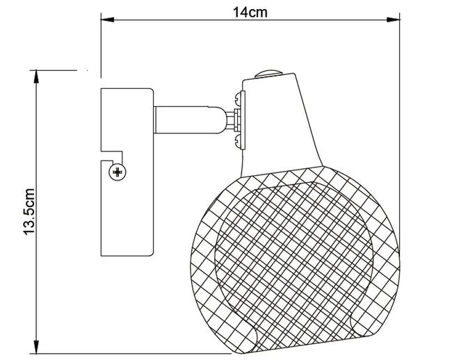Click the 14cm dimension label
tap(250, 13)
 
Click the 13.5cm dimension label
tap(29, 212)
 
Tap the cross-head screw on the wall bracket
tap(118, 172)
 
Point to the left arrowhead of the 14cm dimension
tap(107, 20)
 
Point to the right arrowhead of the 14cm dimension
tap(393, 20)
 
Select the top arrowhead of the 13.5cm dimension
tap(36, 77)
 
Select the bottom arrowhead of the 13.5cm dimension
tap(36, 347)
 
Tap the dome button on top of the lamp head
tap(268, 74)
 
